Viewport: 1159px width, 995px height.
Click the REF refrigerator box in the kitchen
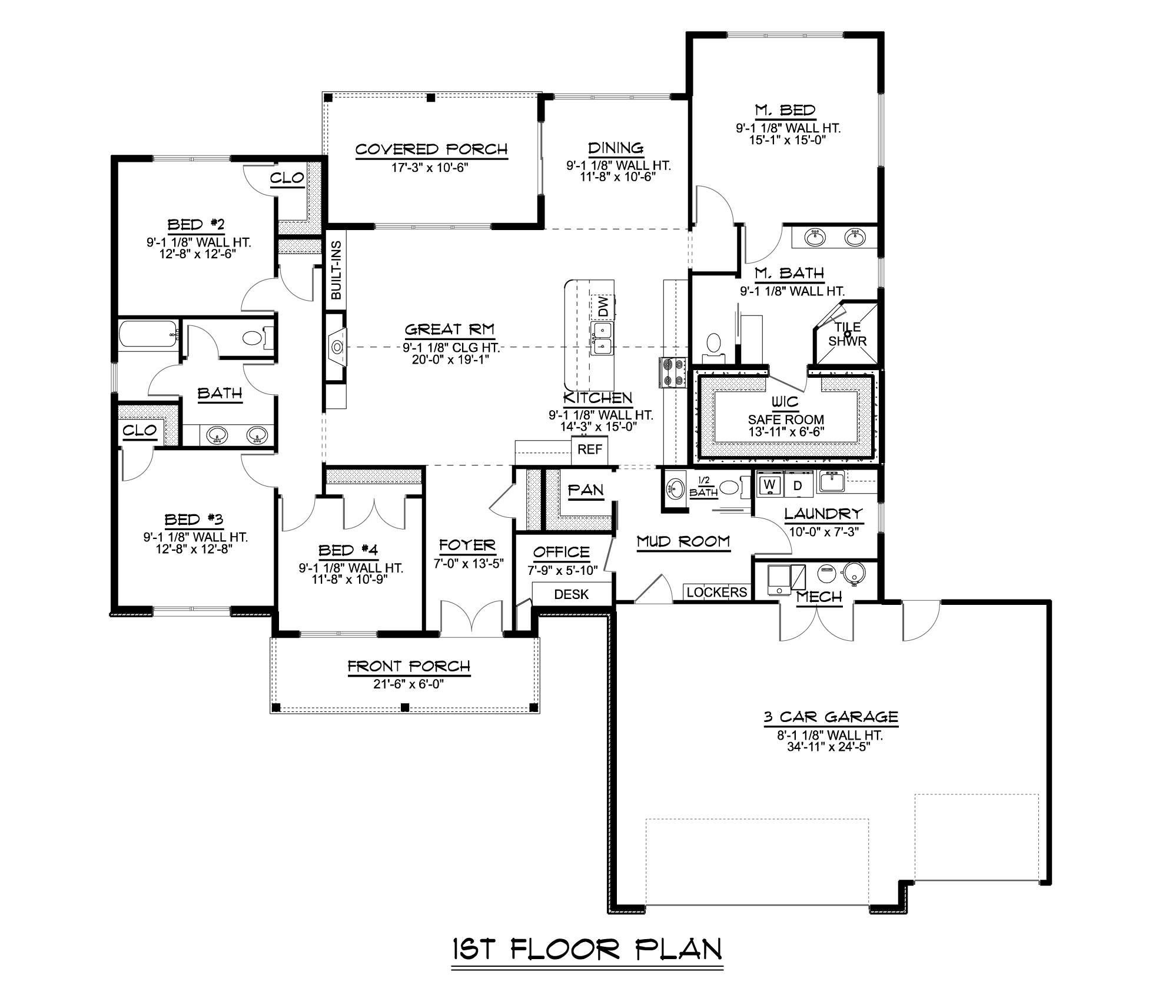(589, 450)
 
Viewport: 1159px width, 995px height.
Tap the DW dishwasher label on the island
(603, 306)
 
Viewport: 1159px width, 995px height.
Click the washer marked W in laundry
(769, 485)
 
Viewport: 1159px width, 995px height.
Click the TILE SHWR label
(847, 334)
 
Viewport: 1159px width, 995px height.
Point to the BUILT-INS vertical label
(336, 270)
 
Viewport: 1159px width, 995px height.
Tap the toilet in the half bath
(729, 487)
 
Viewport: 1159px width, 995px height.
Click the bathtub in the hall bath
(147, 334)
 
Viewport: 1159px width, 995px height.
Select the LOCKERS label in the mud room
(716, 592)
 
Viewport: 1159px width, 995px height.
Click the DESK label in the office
(571, 594)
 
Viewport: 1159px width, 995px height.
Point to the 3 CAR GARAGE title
(831, 717)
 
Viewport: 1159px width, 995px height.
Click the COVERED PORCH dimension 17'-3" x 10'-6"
(430, 168)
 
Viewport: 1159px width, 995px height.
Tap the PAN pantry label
(585, 490)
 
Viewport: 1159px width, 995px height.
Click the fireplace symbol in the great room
(337, 347)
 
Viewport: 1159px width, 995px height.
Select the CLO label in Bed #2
(287, 177)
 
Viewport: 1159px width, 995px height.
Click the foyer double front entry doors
(471, 618)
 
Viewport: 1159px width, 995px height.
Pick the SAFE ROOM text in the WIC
(786, 420)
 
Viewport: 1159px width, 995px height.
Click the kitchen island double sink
(602, 338)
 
